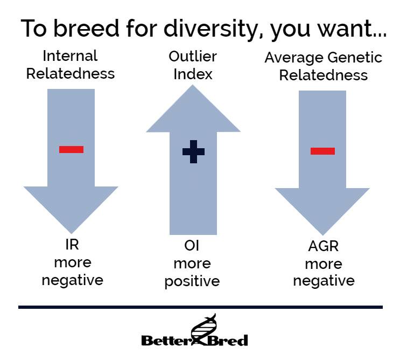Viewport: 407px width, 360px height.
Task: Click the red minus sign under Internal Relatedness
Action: pos(72,149)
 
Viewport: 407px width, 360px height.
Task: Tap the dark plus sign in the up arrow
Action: pos(193,152)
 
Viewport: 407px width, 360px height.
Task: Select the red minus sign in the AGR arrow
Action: pos(322,151)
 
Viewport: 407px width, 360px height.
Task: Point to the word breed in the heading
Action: pos(86,28)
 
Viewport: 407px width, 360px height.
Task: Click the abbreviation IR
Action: pos(72,245)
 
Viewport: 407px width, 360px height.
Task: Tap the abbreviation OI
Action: pos(192,246)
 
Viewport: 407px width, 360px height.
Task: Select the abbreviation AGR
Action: pos(324,246)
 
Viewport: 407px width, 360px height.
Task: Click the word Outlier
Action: pos(193,57)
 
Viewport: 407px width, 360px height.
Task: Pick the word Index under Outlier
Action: pos(193,74)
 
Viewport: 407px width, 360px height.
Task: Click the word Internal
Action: pos(70,56)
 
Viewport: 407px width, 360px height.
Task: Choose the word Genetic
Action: pos(355,57)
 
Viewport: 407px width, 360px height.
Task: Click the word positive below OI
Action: pos(192,282)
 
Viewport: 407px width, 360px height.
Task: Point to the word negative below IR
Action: pos(73,281)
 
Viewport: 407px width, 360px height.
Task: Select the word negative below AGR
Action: pos(324,281)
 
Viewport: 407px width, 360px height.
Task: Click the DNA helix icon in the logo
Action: pos(203,329)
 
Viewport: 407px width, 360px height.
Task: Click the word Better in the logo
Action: pos(167,341)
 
